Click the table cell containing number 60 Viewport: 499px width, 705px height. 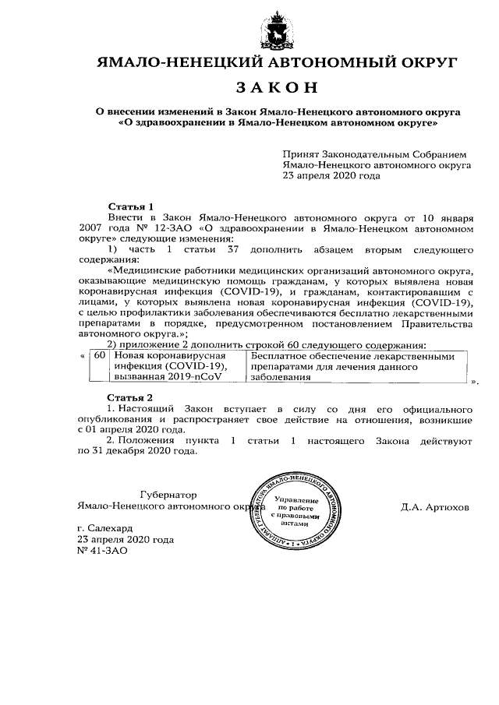click(x=99, y=354)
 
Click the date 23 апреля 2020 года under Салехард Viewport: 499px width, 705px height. click(x=126, y=539)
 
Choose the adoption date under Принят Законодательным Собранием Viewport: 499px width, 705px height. click(x=331, y=176)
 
